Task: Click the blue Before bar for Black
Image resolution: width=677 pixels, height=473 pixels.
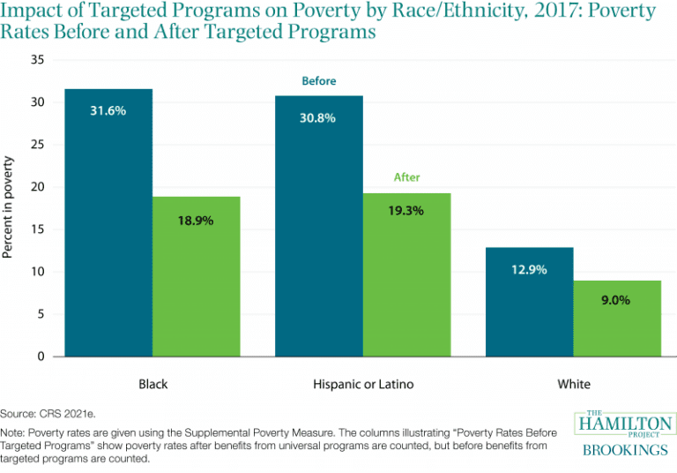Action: coord(108,222)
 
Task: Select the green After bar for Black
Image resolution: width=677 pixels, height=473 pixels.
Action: coord(196,277)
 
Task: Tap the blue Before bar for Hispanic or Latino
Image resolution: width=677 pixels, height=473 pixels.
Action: coord(319,226)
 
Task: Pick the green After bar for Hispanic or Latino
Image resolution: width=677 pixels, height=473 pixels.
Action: coord(406,275)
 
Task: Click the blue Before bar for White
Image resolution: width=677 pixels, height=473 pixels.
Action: coord(529,302)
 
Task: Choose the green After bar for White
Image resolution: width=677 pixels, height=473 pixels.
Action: coord(617,319)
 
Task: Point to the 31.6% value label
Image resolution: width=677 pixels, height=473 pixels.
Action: coord(108,110)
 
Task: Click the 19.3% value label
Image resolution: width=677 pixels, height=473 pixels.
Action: coord(405,211)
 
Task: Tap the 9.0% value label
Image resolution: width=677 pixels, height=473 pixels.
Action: coord(615,300)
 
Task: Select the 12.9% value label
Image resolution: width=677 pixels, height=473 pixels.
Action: coord(529,270)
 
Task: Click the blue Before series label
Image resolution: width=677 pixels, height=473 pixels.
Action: coord(319,81)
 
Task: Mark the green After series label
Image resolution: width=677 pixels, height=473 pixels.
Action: coord(406,177)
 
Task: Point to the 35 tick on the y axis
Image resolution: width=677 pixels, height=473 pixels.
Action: coord(38,60)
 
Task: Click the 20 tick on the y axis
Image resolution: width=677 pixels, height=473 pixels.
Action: coord(38,187)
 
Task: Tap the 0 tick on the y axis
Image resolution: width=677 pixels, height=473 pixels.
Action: coord(41,357)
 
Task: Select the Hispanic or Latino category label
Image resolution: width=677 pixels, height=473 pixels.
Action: coord(363,384)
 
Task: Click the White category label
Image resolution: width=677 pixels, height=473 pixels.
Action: coord(574,384)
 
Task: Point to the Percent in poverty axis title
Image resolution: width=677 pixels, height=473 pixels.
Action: coord(8,207)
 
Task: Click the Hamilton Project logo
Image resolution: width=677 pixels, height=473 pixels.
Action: coord(625,433)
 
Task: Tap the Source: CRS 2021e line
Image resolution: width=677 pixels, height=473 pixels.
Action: coord(48,414)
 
